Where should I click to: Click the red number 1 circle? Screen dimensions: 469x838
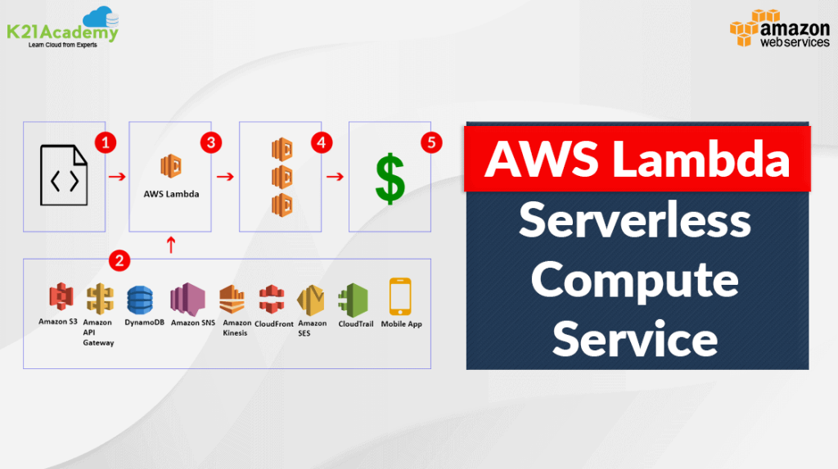(x=103, y=142)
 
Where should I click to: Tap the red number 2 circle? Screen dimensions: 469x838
(x=120, y=261)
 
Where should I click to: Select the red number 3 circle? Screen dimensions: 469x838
(x=211, y=142)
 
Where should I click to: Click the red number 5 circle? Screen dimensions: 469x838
(x=431, y=142)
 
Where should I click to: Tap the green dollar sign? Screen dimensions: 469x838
(x=390, y=179)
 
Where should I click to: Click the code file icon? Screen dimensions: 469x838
(x=65, y=175)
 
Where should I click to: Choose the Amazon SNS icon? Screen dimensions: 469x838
(x=186, y=300)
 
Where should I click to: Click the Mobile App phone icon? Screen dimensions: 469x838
(x=400, y=296)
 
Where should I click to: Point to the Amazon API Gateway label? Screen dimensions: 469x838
(x=98, y=332)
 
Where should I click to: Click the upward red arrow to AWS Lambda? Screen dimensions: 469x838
(x=170, y=245)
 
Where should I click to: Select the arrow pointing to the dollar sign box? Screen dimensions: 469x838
(x=334, y=175)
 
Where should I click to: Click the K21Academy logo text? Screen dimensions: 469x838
(x=62, y=31)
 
